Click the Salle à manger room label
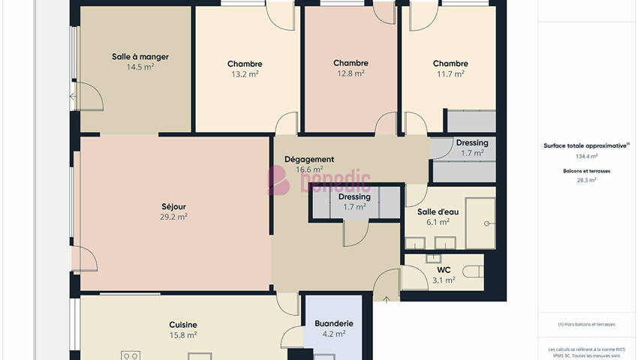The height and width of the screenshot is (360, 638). pyautogui.click(x=140, y=57)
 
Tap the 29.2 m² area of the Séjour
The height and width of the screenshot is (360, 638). pyautogui.click(x=173, y=217)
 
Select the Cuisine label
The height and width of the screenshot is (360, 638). pyautogui.click(x=183, y=325)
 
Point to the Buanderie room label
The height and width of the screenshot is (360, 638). pyautogui.click(x=334, y=324)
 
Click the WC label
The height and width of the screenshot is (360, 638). pyautogui.click(x=444, y=270)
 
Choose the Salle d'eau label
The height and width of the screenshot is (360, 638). pyautogui.click(x=438, y=212)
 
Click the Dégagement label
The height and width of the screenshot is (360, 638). pyautogui.click(x=309, y=160)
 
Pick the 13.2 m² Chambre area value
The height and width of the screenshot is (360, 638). pyautogui.click(x=245, y=74)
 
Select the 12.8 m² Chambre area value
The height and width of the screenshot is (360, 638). pyautogui.click(x=351, y=73)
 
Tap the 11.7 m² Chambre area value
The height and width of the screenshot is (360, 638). pyautogui.click(x=450, y=74)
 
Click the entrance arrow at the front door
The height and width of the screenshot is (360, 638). pyautogui.click(x=386, y=300)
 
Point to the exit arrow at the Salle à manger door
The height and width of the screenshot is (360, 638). pyautogui.click(x=73, y=97)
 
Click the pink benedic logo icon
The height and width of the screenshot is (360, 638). pyautogui.click(x=278, y=180)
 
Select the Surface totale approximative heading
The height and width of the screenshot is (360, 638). pyautogui.click(x=586, y=145)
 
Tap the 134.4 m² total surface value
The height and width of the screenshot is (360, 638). pyautogui.click(x=586, y=156)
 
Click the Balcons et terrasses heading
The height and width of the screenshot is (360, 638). pyautogui.click(x=586, y=171)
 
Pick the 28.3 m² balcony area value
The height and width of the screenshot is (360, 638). pyautogui.click(x=586, y=180)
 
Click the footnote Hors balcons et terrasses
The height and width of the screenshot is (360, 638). pyautogui.click(x=586, y=325)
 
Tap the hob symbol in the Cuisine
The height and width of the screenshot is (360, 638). pyautogui.click(x=131, y=355)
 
